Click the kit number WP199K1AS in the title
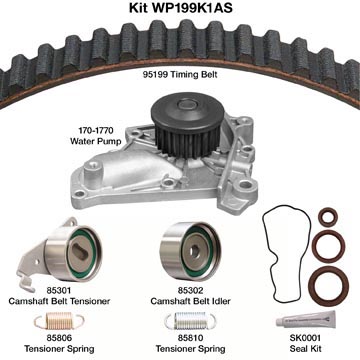coord(192,7)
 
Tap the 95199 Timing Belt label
coord(180,75)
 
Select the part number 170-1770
coord(96,130)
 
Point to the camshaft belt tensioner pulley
coord(73,253)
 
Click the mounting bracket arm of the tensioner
coord(33,262)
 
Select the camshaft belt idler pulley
coord(190,251)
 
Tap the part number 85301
coord(59,291)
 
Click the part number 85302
coord(190,291)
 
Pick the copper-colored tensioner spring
coord(59,321)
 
